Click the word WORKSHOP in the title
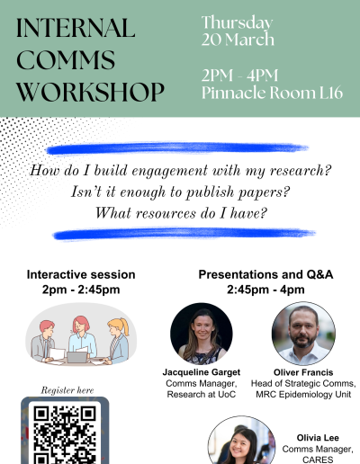(90, 92)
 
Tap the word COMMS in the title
(66, 59)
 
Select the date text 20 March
(238, 40)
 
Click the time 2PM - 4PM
(239, 76)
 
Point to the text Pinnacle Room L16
(272, 93)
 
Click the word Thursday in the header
(237, 22)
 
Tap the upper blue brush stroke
(177, 148)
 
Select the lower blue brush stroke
(184, 234)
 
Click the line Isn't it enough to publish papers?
(180, 192)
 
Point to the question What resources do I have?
(181, 213)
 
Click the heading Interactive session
(81, 274)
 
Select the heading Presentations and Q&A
(265, 274)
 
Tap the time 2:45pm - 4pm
(265, 290)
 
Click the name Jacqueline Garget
(202, 372)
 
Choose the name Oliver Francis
(303, 372)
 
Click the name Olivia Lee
(318, 438)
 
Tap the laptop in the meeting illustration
(76, 357)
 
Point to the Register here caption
(67, 390)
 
